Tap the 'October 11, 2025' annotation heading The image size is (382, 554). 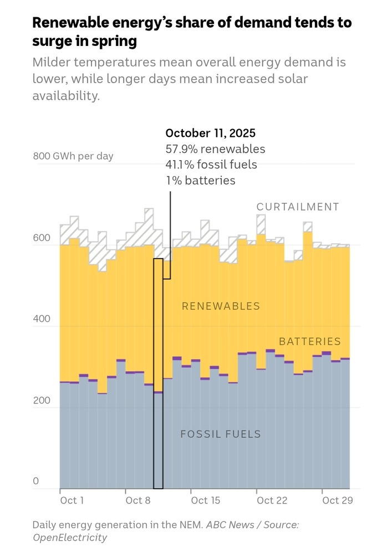point(211,134)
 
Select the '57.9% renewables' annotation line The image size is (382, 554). point(215,149)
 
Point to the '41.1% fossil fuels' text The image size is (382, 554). point(211,165)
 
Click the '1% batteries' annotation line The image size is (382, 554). point(200,180)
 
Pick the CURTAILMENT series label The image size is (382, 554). point(297,207)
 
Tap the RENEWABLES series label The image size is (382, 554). point(221,306)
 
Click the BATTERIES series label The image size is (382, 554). point(309,341)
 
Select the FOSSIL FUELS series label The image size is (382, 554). point(221,434)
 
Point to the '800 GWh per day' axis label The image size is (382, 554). point(73,156)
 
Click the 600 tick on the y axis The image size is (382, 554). point(41,238)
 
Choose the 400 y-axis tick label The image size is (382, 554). point(41,320)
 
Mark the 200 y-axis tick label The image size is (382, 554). point(41,401)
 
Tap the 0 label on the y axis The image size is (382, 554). point(36,481)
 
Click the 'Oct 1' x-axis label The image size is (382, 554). point(72,500)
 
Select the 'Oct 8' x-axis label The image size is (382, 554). point(138,500)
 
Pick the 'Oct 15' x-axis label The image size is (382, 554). point(206,500)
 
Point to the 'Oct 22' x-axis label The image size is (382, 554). point(272,500)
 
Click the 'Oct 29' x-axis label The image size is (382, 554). point(338,500)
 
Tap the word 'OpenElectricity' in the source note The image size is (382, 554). point(70,537)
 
